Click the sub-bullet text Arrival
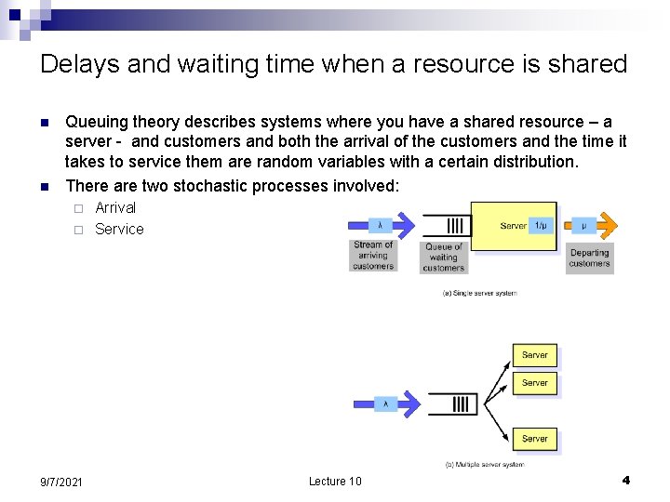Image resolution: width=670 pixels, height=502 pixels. pyautogui.click(x=115, y=207)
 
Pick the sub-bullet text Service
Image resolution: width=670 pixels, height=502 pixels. pyautogui.click(x=119, y=229)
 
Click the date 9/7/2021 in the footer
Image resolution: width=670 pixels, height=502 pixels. pyautogui.click(x=61, y=482)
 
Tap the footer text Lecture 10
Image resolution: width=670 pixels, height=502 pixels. pyautogui.click(x=335, y=481)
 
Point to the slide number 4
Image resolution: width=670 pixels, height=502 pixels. pyautogui.click(x=625, y=480)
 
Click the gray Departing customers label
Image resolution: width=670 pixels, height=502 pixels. pyautogui.click(x=589, y=258)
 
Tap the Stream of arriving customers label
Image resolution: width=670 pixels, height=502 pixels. pyautogui.click(x=373, y=256)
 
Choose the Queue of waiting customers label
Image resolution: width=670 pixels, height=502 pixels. pyautogui.click(x=443, y=258)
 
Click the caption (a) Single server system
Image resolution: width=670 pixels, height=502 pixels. pyautogui.click(x=479, y=293)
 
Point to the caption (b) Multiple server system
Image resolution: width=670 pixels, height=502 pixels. pyautogui.click(x=484, y=464)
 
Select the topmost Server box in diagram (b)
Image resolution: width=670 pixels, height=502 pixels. pyautogui.click(x=535, y=355)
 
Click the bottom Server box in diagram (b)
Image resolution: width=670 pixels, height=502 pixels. pyautogui.click(x=535, y=438)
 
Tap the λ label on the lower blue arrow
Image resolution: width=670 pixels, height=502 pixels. pyautogui.click(x=386, y=403)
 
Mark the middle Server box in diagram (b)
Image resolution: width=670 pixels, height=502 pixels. pyautogui.click(x=535, y=382)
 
